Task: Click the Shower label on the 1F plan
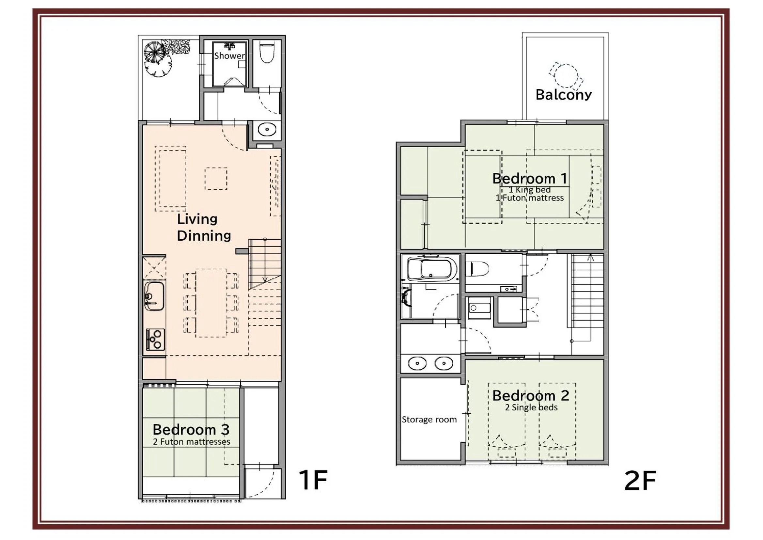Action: pos(229,56)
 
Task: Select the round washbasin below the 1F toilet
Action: pos(267,129)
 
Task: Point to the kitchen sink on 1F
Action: pos(154,295)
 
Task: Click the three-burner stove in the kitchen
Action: pos(155,340)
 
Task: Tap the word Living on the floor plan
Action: pos(197,219)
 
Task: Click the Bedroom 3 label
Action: pos(191,430)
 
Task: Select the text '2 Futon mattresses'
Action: pos(192,442)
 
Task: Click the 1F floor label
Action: pos(313,480)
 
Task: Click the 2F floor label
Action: pos(640,481)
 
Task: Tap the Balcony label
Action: pos(564,95)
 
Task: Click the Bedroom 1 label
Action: pos(530,179)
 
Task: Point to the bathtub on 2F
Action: pos(431,268)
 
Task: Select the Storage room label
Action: pos(429,420)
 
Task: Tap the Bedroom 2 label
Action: pos(531,396)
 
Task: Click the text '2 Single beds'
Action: pos(531,407)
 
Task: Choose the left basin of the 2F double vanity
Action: pos(417,363)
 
